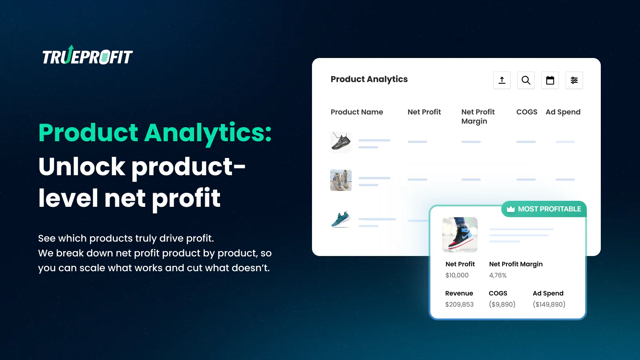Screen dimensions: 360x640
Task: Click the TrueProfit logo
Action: pos(87,56)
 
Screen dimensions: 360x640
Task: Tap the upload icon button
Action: pos(502,80)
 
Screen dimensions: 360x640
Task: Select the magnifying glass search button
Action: pos(526,80)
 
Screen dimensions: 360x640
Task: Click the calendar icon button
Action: pos(550,80)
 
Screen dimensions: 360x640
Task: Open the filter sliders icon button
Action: pos(574,80)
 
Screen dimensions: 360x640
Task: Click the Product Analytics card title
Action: pos(369,79)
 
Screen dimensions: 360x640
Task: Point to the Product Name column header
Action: pos(357,112)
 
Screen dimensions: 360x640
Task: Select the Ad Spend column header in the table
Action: pos(563,112)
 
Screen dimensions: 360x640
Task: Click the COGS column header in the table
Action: pos(526,112)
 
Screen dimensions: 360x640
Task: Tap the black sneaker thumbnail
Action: pos(341,142)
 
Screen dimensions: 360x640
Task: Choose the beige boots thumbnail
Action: pos(341,180)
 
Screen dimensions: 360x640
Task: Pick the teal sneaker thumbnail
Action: pos(341,219)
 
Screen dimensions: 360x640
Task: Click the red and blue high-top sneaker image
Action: pos(460,234)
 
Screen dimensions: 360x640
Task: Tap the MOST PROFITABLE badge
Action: pos(544,209)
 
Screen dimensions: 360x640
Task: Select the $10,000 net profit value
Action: pos(457,275)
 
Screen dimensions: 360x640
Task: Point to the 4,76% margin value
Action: pos(498,275)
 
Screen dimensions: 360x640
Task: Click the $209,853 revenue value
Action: pos(459,304)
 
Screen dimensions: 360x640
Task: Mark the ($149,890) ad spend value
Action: pos(549,304)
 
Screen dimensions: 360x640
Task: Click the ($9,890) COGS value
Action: pos(502,304)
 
